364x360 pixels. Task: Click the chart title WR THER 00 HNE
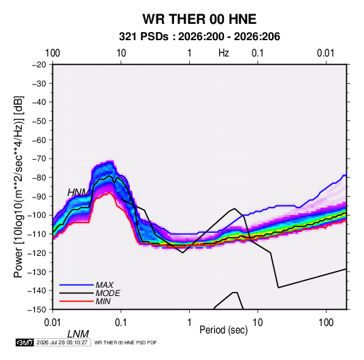tap(199, 19)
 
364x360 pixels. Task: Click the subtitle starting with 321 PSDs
tap(199, 37)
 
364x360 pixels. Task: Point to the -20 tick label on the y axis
tap(39, 65)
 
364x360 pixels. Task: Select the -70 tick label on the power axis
tap(39, 159)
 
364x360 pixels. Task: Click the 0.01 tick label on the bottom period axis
tap(52, 323)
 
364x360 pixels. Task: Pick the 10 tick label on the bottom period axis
tap(257, 323)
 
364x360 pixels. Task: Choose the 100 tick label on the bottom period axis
tap(326, 323)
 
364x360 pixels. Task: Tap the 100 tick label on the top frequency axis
tap(52, 53)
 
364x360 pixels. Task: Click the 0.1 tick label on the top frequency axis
tap(258, 53)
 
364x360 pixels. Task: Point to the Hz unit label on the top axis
tap(224, 53)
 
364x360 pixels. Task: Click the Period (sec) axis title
tap(224, 330)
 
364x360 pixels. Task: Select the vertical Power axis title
tap(18, 187)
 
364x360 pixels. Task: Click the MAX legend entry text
tap(105, 285)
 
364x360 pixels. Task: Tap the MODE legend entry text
tap(108, 293)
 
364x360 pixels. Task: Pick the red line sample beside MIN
tap(76, 301)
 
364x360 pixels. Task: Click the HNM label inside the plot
tap(78, 193)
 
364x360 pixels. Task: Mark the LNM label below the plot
tap(78, 334)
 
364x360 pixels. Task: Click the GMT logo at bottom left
tap(25, 342)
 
